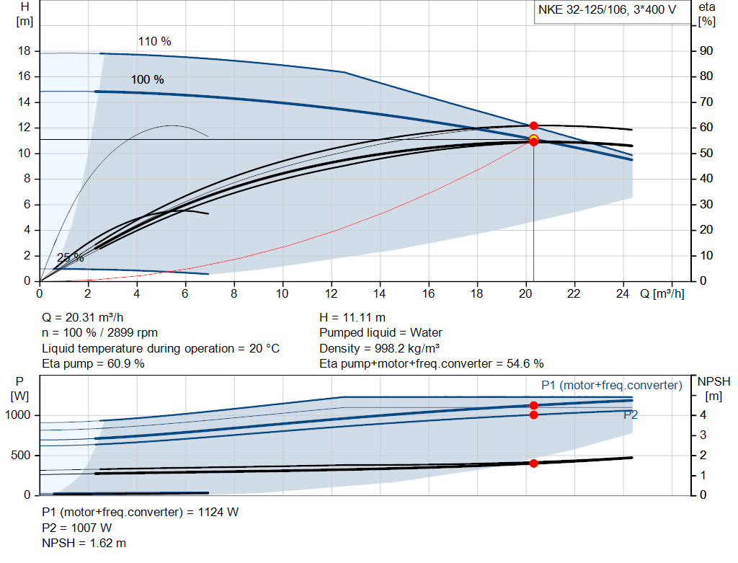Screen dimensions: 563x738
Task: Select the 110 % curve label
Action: pos(154,42)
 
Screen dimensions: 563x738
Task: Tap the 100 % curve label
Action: pos(147,79)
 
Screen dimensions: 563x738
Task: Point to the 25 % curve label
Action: pos(71,258)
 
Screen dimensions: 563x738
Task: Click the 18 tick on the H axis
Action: pos(25,51)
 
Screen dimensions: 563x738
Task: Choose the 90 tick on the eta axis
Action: pos(706,51)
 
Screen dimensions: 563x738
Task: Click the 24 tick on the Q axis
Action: pos(623,293)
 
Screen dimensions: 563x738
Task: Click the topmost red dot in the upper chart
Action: pos(533,126)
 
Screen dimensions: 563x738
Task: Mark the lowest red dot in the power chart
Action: pos(533,464)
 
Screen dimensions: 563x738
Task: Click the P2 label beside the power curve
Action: pos(631,415)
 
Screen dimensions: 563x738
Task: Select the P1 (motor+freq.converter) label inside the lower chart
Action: pos(611,386)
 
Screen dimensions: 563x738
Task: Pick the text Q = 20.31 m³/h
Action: pos(87,317)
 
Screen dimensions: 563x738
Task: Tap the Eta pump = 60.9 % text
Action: pos(93,363)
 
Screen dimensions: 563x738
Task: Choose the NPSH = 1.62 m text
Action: pos(84,543)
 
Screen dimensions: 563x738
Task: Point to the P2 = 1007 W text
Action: pos(76,528)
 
